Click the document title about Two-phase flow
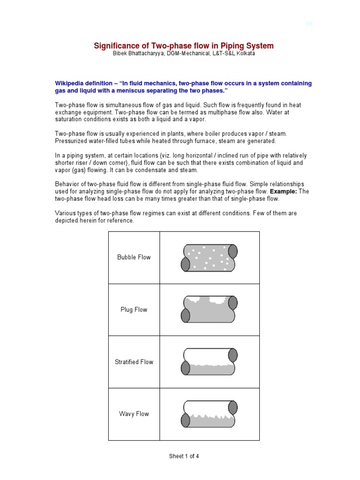pyautogui.click(x=184, y=45)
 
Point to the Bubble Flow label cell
pyautogui.click(x=134, y=257)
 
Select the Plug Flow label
pyautogui.click(x=134, y=310)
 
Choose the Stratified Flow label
pyautogui.click(x=134, y=362)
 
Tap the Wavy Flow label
pyautogui.click(x=134, y=414)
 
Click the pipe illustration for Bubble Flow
pyautogui.click(x=209, y=257)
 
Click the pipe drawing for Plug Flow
pyautogui.click(x=209, y=309)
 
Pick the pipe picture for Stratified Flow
pyautogui.click(x=209, y=361)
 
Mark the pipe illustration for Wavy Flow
pyautogui.click(x=209, y=414)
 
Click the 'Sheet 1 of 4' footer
pyautogui.click(x=184, y=456)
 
